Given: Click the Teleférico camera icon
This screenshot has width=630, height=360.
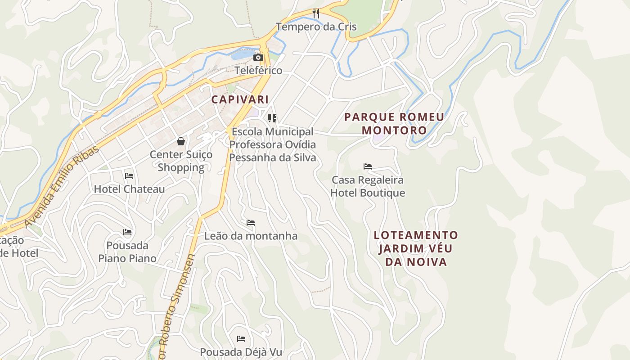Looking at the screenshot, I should (x=258, y=57).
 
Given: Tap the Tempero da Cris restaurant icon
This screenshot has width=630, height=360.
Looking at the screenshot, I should (x=316, y=13).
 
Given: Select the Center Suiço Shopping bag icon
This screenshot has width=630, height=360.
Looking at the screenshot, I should (x=181, y=141).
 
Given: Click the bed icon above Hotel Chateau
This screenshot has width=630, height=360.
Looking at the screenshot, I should (x=129, y=175).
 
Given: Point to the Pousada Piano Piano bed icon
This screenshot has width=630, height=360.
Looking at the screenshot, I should (x=127, y=232).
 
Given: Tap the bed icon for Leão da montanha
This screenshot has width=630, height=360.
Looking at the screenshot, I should (x=251, y=222).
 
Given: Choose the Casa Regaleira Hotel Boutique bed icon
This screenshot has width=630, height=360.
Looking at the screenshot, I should (x=368, y=166).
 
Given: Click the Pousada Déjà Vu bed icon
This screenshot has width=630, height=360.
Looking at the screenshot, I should (x=241, y=338).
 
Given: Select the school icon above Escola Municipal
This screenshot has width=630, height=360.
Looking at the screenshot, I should (x=272, y=118).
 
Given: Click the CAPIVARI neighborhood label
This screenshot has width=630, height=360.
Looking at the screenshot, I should (x=240, y=99).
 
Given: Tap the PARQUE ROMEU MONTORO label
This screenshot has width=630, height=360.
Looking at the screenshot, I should (x=394, y=124).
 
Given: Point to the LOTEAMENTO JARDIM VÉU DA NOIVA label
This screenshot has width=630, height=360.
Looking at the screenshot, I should (x=416, y=248).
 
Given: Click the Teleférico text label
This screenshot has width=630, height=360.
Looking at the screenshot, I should (x=258, y=71).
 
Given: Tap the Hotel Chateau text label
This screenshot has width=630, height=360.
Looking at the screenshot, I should (x=129, y=189).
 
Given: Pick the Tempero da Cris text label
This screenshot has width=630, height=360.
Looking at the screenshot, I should (x=316, y=27).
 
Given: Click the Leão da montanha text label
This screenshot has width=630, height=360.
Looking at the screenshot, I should (x=251, y=236).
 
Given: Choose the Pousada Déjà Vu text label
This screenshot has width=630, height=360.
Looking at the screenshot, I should (x=241, y=352).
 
